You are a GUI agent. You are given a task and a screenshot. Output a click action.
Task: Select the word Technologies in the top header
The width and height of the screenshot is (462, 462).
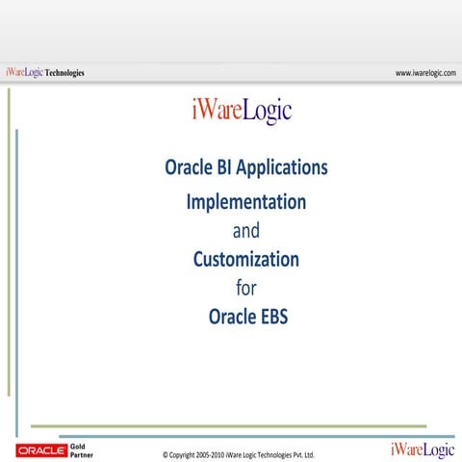[x=65, y=73]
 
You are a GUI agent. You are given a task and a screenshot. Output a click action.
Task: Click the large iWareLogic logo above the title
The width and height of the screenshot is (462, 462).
[x=241, y=112]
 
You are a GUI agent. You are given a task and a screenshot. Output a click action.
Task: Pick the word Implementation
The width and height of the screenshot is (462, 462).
[x=246, y=202]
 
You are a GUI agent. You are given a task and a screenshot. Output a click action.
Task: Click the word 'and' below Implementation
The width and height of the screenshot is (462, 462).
[x=246, y=231]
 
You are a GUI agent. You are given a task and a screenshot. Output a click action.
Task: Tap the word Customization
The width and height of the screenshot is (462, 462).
[x=246, y=259]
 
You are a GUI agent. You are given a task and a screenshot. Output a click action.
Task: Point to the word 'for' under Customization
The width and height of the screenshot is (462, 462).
[x=246, y=287]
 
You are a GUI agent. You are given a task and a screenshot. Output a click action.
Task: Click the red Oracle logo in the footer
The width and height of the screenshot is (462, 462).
[x=40, y=449]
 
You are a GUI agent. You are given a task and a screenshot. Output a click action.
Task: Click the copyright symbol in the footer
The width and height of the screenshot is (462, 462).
[x=166, y=454]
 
